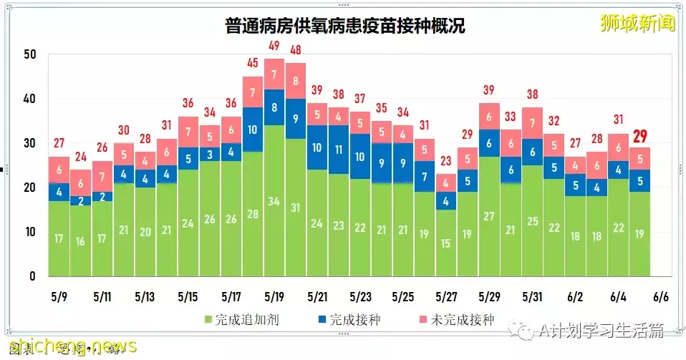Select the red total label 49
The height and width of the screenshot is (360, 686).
tap(274, 46)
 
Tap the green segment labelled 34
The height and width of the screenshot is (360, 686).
tap(274, 200)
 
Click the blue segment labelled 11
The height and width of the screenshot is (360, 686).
tap(339, 150)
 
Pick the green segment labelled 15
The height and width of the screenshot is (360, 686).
tap(445, 243)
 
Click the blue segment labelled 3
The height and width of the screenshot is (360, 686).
tap(210, 154)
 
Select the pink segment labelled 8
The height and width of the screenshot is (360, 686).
tap(295, 81)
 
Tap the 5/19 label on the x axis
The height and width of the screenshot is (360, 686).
tap(274, 296)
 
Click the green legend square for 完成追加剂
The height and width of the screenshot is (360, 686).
tap(208, 320)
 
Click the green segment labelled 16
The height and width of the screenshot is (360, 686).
tap(82, 241)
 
